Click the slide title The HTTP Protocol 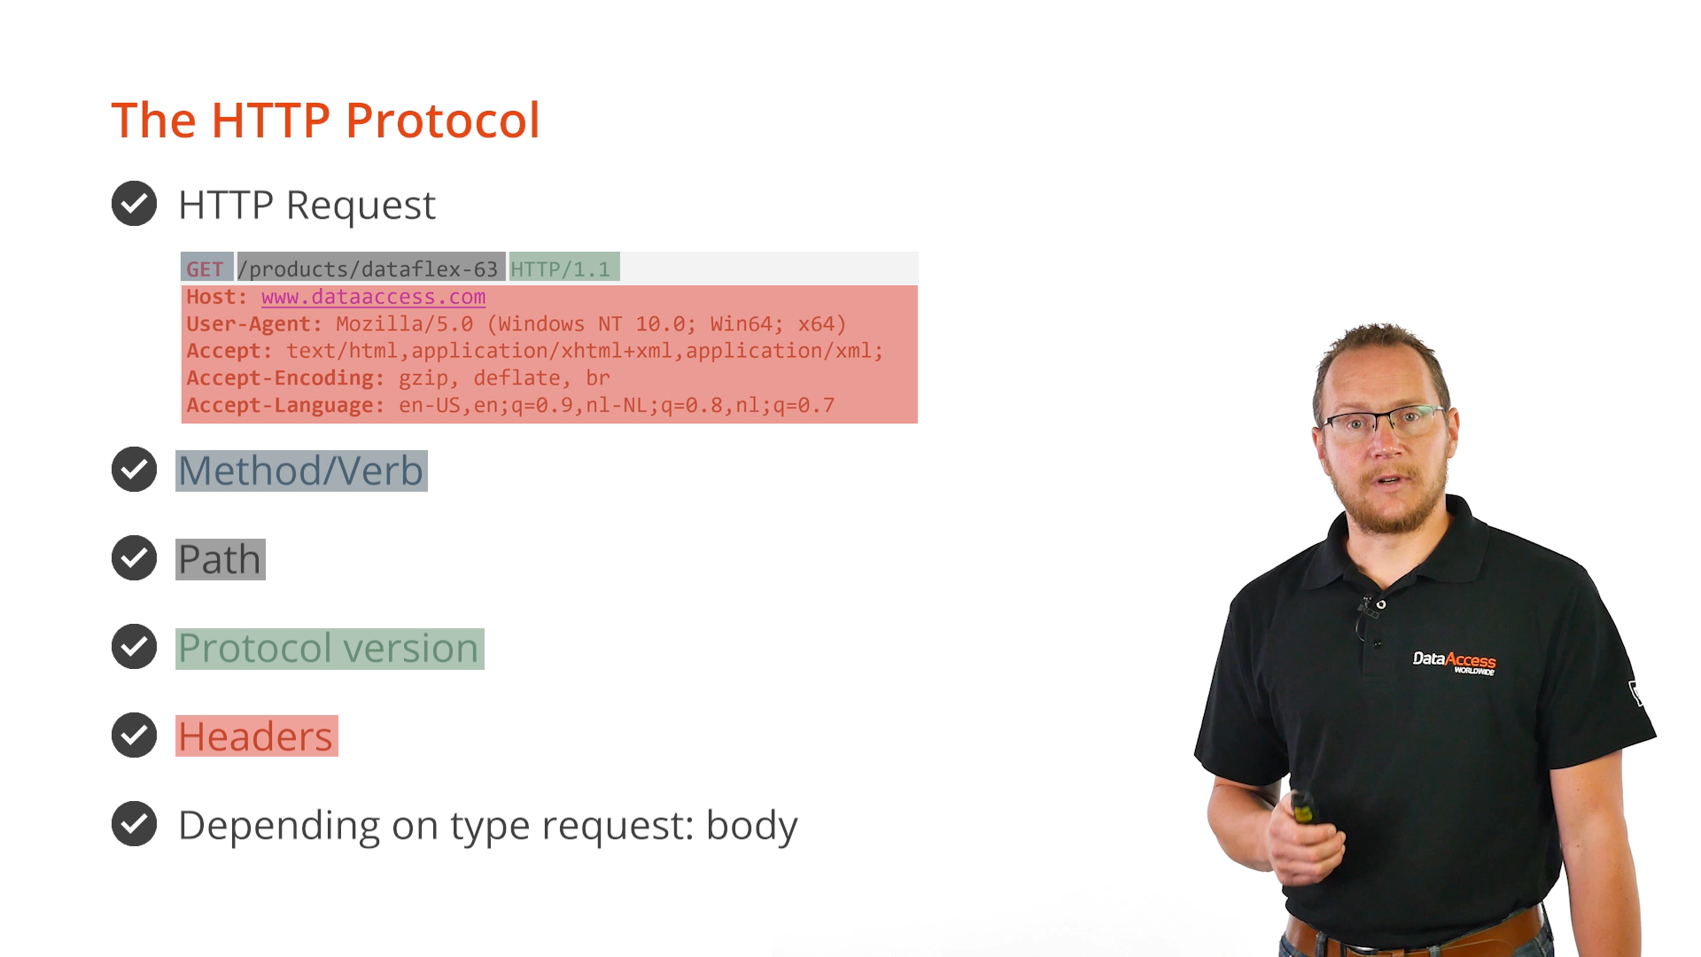tap(325, 120)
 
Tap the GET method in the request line tap(206, 268)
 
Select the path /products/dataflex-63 tap(368, 268)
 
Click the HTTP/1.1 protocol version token tap(561, 268)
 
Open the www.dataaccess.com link tap(373, 297)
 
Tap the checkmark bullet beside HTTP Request tap(134, 204)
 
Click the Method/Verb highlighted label tap(301, 471)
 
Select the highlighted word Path tap(221, 559)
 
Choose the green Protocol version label tap(330, 648)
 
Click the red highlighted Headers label tap(257, 736)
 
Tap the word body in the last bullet tap(751, 825)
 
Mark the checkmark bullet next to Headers tap(134, 735)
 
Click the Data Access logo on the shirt tap(1454, 663)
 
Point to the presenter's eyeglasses tap(1385, 421)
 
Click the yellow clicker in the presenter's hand tap(1302, 808)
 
